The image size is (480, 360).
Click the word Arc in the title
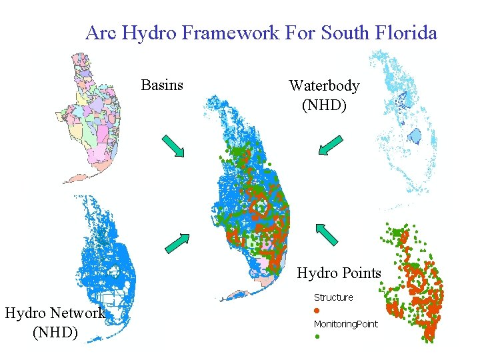[x=100, y=32]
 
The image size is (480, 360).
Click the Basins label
[x=162, y=85]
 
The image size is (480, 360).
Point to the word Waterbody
[x=324, y=86]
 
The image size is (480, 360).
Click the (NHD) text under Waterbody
[x=324, y=105]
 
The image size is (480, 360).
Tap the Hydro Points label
[x=339, y=273]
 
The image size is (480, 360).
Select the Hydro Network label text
[x=55, y=313]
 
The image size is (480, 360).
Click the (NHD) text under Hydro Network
[x=55, y=331]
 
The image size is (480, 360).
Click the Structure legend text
[x=333, y=297]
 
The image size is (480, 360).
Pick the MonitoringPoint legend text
[x=345, y=324]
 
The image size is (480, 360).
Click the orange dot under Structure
[x=317, y=311]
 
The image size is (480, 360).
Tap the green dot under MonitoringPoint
[x=317, y=337]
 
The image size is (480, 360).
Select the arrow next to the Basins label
[x=173, y=146]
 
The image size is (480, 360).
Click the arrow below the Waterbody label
[x=330, y=145]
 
